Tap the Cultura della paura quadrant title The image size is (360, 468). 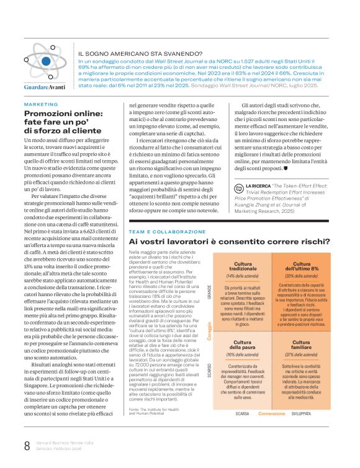coord(230,346)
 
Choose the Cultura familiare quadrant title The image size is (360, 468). coord(295,346)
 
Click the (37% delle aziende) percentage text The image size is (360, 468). coord(295,355)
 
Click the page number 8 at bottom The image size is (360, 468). coord(27,445)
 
